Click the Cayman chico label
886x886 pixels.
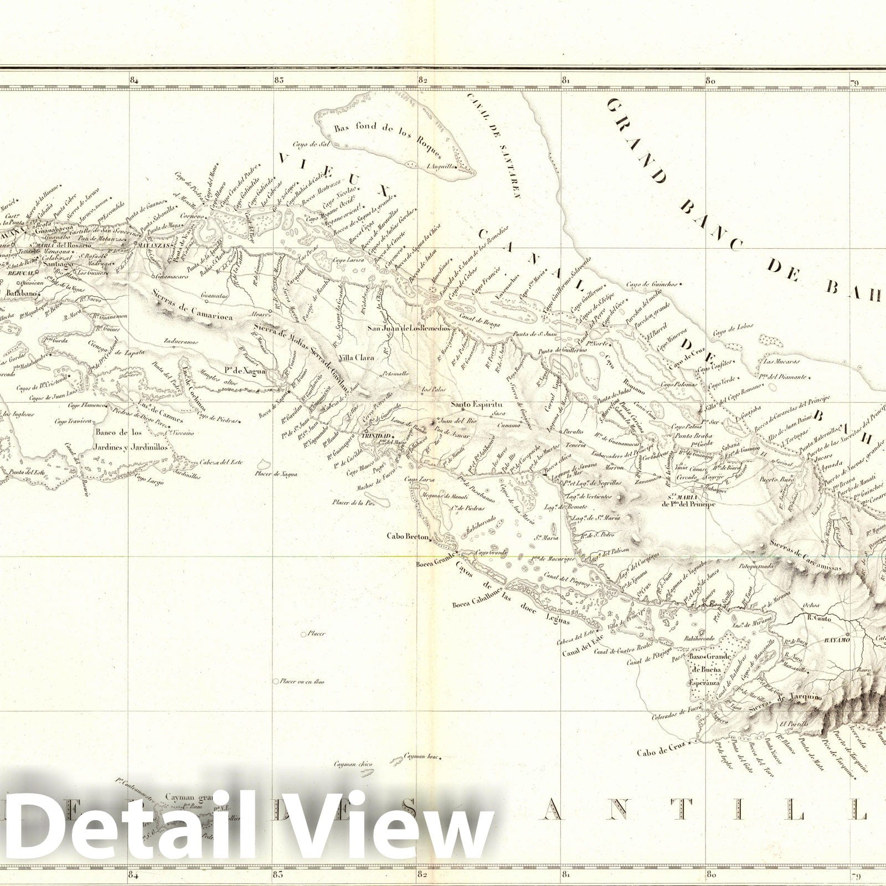[353, 765]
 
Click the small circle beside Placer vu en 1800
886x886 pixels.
[276, 682]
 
